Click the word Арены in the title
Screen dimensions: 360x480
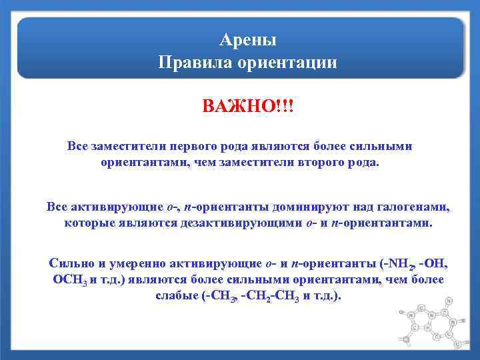(248, 40)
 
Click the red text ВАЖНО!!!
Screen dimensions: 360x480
(248, 107)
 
